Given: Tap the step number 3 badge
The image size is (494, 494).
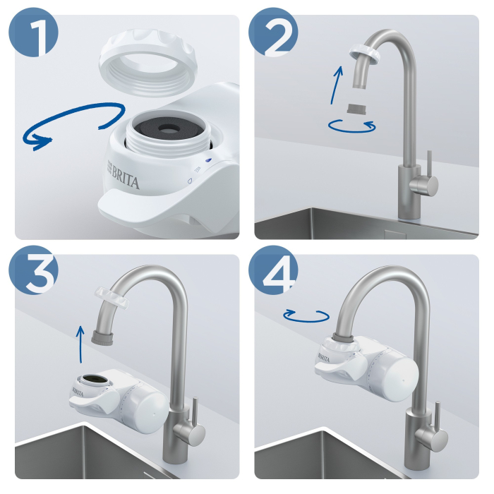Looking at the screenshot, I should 32,272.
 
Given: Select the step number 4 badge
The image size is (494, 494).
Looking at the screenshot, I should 272,272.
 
